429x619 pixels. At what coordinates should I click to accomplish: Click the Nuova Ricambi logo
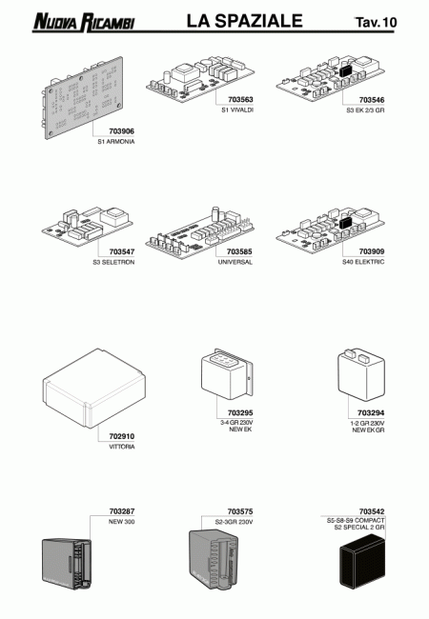point(84,22)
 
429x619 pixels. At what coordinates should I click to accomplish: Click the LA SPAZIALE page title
point(244,21)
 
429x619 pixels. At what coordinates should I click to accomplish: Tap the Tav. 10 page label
point(376,22)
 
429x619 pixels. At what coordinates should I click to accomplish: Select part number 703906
point(122,131)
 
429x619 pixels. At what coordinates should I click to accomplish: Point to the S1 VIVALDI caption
point(237,110)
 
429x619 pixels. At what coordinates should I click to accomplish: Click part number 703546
point(372,100)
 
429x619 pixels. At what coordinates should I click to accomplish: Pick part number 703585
point(239,251)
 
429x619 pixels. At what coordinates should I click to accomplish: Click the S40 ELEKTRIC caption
point(363,262)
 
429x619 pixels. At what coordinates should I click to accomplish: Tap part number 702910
point(122,436)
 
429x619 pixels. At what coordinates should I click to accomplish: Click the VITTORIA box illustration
point(93,388)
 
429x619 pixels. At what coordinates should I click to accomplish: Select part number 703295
point(240,413)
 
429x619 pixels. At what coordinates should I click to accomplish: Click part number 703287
point(122,511)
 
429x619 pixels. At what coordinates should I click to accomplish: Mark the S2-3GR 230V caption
point(235,522)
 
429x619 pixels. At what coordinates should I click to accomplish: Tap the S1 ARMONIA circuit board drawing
point(83,98)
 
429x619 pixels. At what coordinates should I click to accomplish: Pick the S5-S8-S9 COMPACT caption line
point(356,521)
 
